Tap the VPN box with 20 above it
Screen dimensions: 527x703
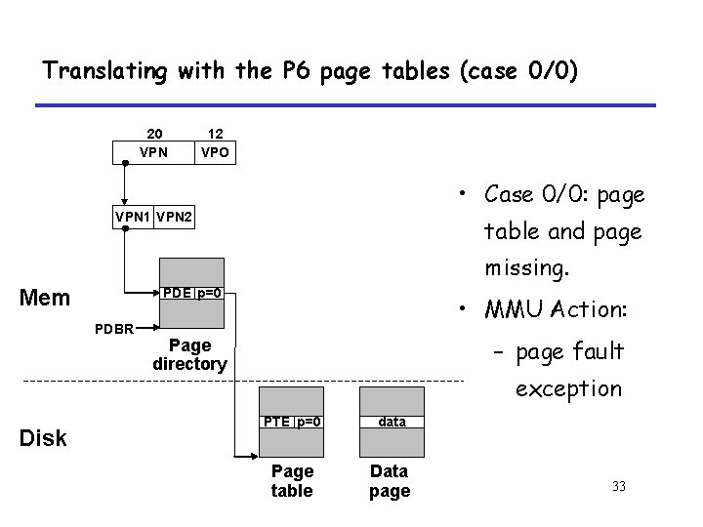[154, 152]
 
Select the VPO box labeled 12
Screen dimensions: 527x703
[214, 152]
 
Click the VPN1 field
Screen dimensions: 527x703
[133, 220]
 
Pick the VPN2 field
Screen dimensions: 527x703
[176, 220]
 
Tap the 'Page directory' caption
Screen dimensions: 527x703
[189, 354]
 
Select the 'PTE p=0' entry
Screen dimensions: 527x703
[292, 422]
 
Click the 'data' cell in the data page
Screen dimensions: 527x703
[393, 422]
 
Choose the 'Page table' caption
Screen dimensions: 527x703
[292, 481]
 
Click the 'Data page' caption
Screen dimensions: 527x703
[390, 481]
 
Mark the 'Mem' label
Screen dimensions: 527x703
[45, 297]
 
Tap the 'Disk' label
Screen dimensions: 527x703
[43, 438]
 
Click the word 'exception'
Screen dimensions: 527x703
[568, 388]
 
